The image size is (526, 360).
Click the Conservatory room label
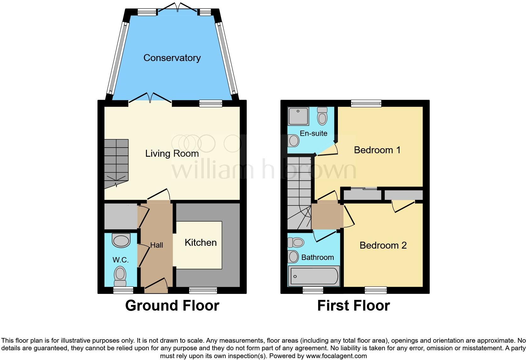pyautogui.click(x=172, y=58)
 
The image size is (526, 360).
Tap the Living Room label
pyautogui.click(x=172, y=154)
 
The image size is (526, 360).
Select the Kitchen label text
pyautogui.click(x=200, y=243)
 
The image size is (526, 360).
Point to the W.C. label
pyautogui.click(x=120, y=260)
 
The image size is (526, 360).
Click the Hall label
pyautogui.click(x=156, y=245)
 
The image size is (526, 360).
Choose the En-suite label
pyautogui.click(x=313, y=133)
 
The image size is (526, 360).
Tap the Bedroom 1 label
pyautogui.click(x=377, y=150)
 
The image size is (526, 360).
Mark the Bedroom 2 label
pyautogui.click(x=383, y=245)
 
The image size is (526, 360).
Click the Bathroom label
pyautogui.click(x=317, y=257)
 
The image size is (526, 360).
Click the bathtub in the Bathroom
pyautogui.click(x=314, y=276)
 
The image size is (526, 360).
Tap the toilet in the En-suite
pyautogui.click(x=322, y=116)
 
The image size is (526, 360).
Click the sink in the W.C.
pyautogui.click(x=121, y=241)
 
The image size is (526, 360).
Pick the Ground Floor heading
pyautogui.click(x=172, y=306)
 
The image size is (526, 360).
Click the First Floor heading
pyautogui.click(x=353, y=306)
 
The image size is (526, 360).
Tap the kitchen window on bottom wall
pyautogui.click(x=203, y=290)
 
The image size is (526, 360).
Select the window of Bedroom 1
pyautogui.click(x=366, y=103)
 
